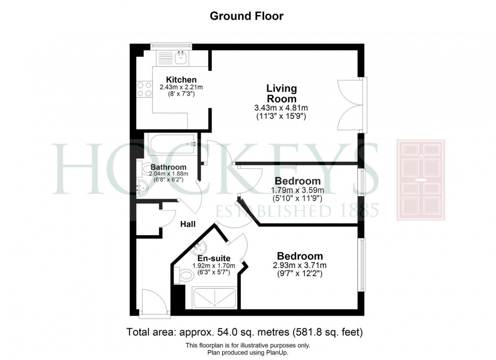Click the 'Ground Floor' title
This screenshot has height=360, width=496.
click(246, 16)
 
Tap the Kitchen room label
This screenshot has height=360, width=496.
click(181, 80)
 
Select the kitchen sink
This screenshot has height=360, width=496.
click(181, 58)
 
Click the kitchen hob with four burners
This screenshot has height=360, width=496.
click(144, 89)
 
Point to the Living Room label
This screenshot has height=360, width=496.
click(281, 94)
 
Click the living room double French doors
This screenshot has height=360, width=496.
click(351, 105)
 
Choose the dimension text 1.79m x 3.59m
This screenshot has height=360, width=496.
click(298, 190)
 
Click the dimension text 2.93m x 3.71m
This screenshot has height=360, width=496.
click(300, 265)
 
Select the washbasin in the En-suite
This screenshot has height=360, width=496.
click(199, 249)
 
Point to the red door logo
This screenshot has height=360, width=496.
click(420, 180)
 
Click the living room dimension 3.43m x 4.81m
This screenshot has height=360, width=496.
click(281, 108)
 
